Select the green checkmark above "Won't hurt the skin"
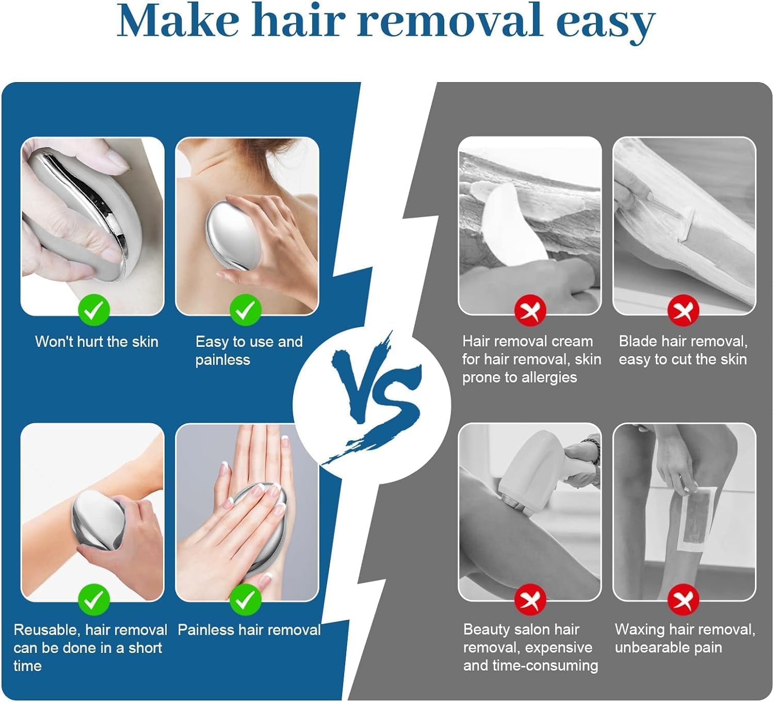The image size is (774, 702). (x=94, y=310)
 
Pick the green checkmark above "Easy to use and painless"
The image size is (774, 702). (x=246, y=310)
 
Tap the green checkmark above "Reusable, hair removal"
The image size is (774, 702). (x=94, y=599)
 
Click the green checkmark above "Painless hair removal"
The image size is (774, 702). (x=246, y=599)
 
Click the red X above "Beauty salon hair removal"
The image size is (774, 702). (x=530, y=599)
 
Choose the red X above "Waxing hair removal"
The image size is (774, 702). (x=683, y=599)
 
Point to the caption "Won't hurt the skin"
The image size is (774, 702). (x=97, y=342)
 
